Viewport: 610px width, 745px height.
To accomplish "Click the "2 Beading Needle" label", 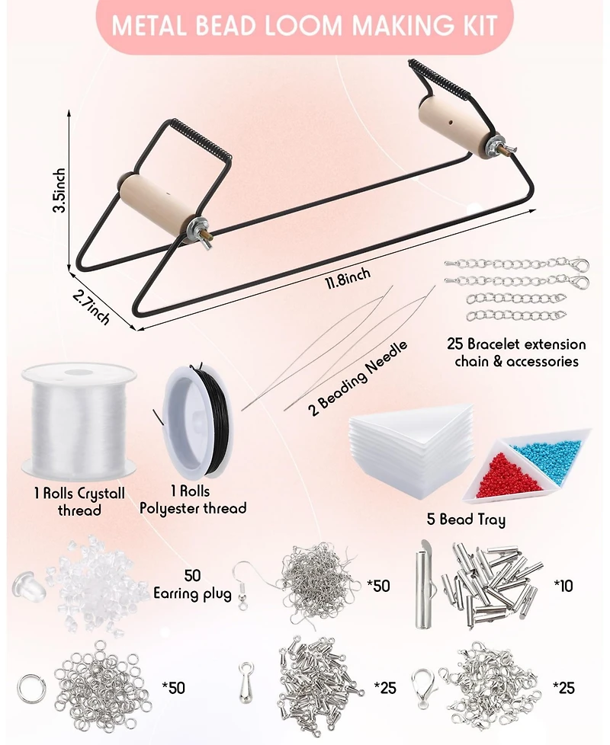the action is click(x=359, y=378).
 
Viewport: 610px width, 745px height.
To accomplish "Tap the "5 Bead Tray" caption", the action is click(x=465, y=520).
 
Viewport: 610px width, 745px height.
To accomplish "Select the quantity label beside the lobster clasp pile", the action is click(x=564, y=688).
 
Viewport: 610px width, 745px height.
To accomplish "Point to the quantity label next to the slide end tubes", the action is click(x=563, y=585).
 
